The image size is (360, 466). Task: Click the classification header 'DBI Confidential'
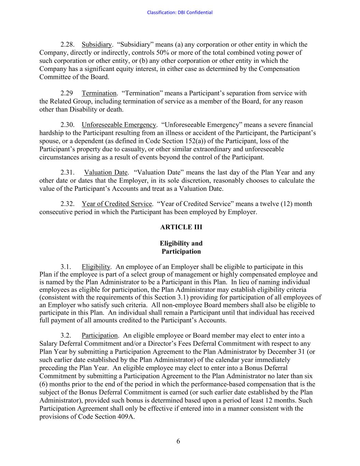coord(179,13)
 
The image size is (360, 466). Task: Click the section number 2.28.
coord(68,45)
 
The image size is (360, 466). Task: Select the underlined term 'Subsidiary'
coord(97,45)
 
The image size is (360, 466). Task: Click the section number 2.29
coord(67,93)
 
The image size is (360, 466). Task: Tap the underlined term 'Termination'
coord(99,93)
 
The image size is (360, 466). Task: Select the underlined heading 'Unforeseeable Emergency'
coord(119,125)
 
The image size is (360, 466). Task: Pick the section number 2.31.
coord(68,173)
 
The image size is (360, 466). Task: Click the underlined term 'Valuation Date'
coord(106,173)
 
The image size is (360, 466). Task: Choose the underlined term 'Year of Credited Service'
coord(117,204)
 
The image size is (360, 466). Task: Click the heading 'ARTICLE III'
coord(181,227)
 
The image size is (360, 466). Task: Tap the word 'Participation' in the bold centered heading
coord(181,252)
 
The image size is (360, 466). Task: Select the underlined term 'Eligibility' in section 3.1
coord(96,267)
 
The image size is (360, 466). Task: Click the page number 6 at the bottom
coord(178,441)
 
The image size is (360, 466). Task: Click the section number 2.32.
coord(68,204)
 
